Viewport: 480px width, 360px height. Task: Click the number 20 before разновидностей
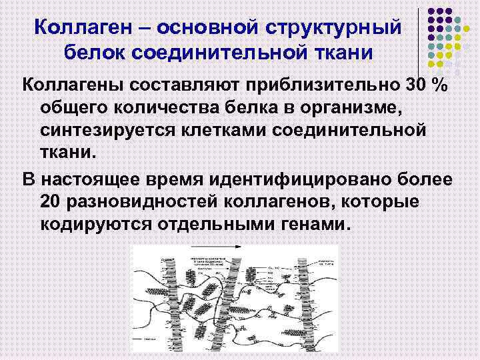click(52, 201)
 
